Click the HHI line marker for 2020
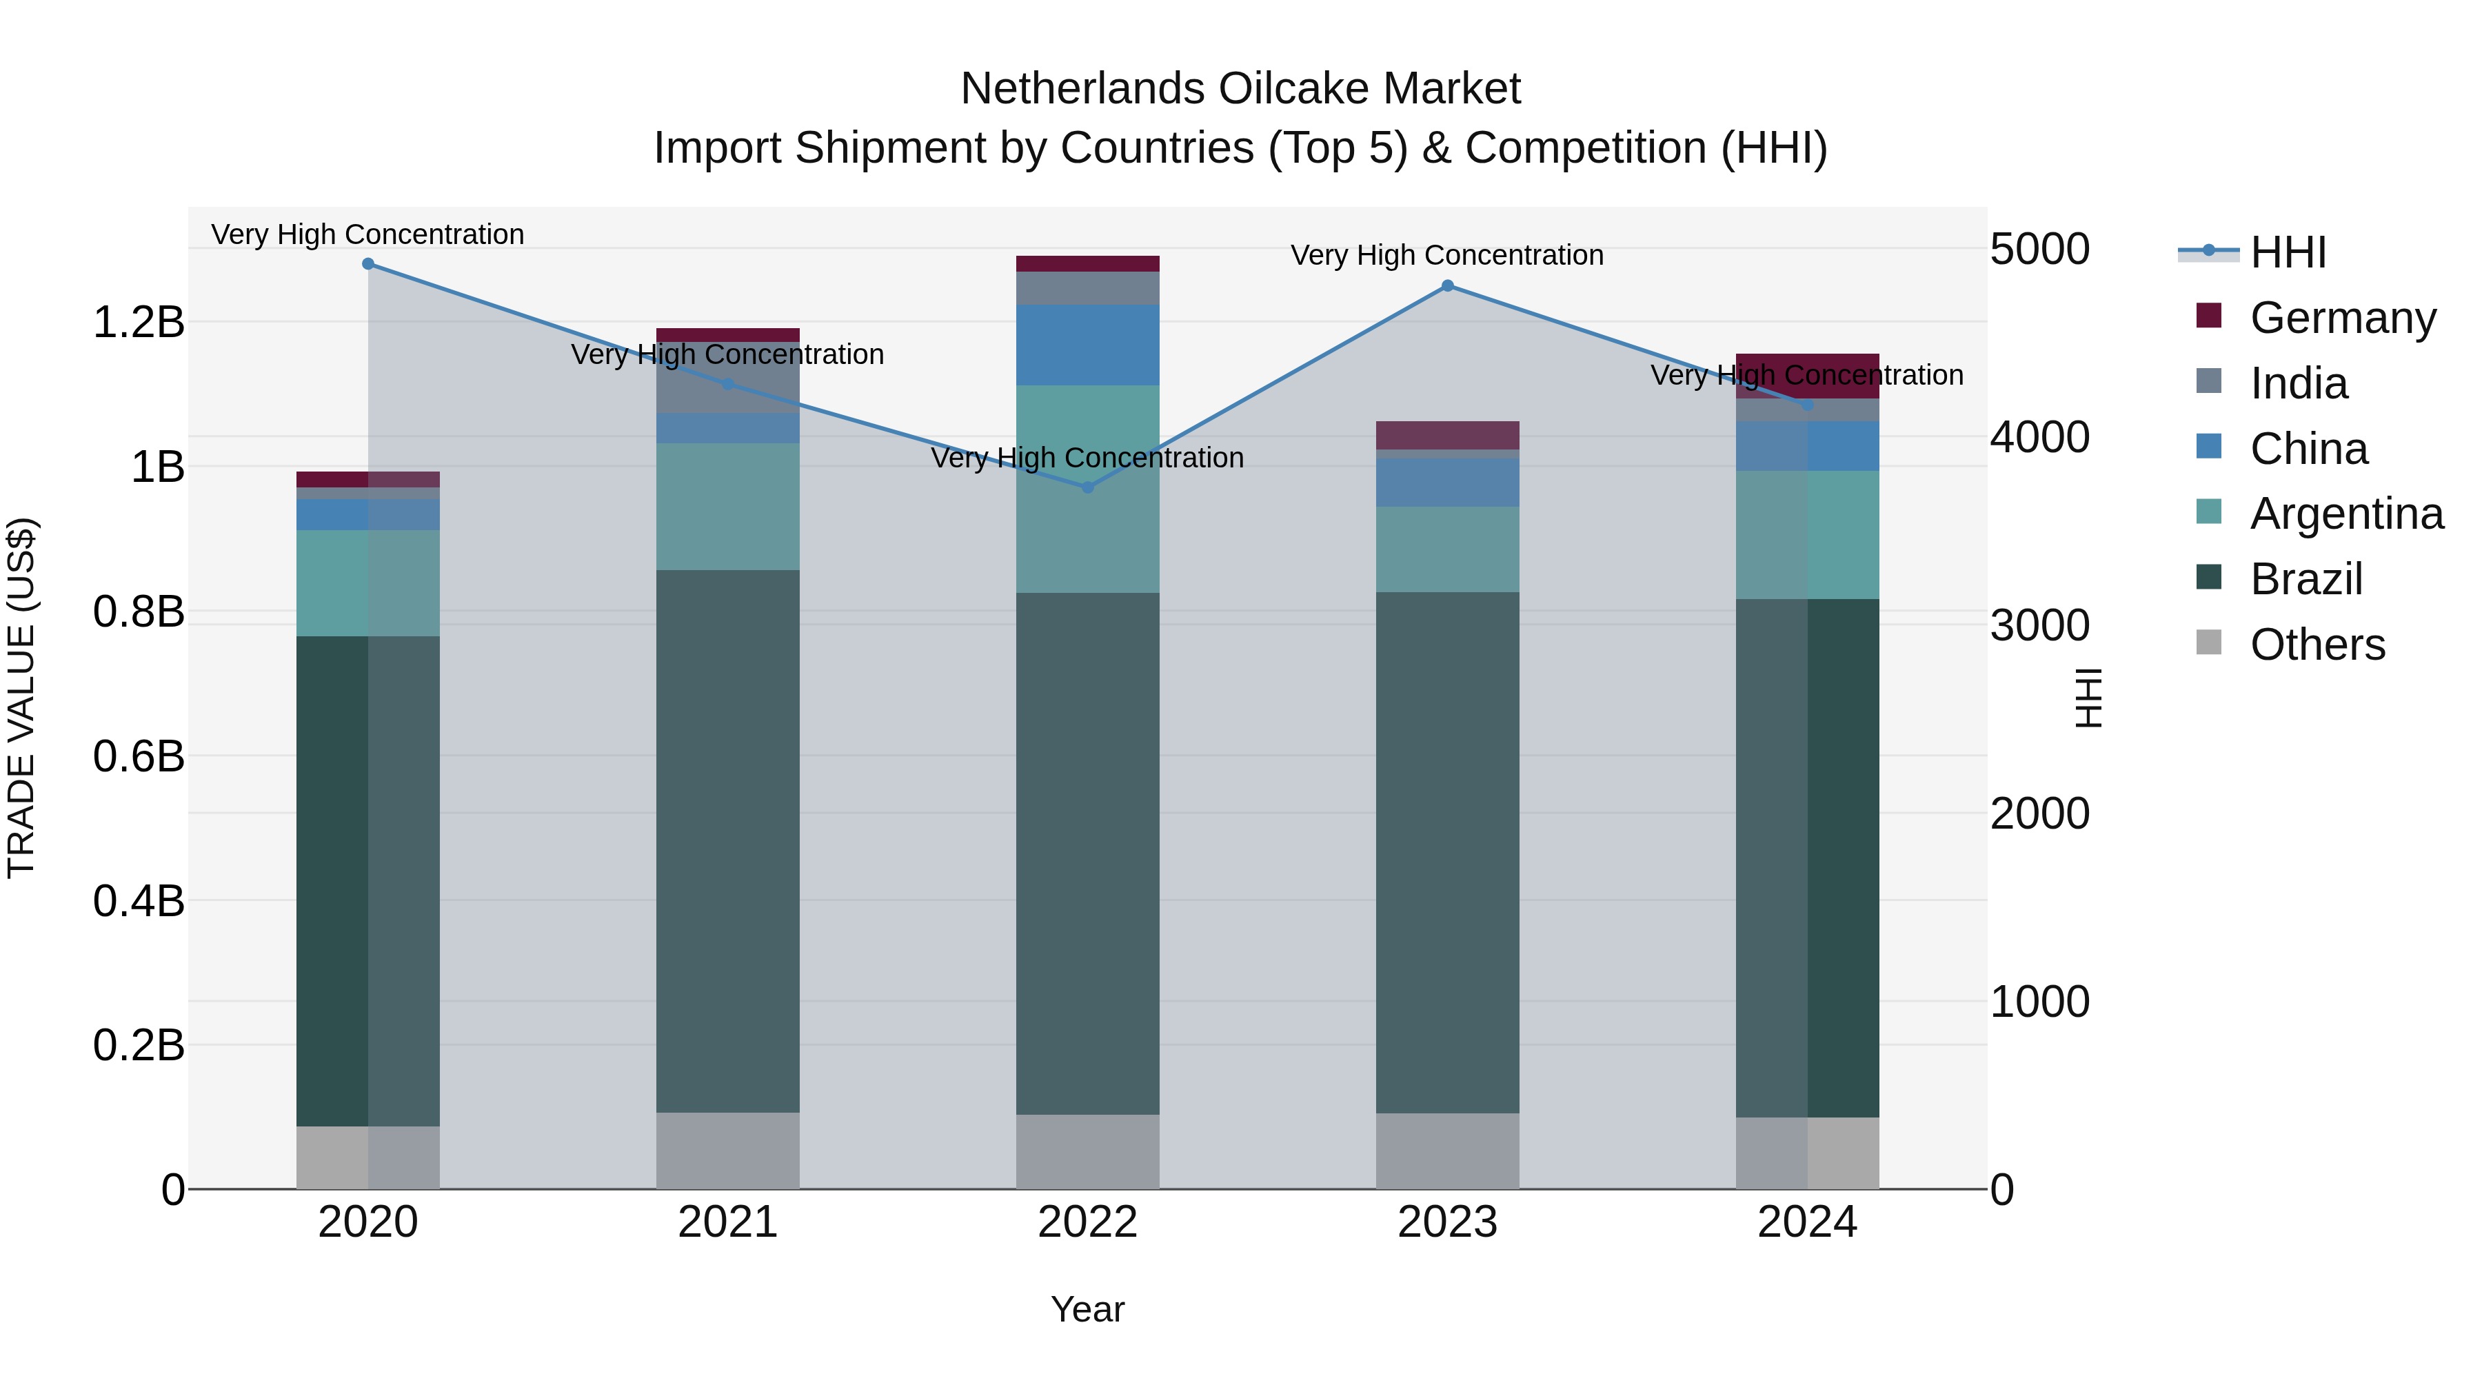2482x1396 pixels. click(368, 264)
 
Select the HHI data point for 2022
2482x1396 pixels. click(1088, 487)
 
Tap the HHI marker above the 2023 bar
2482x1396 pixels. click(1447, 286)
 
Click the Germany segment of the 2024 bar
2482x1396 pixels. click(1808, 376)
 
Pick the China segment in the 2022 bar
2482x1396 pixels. click(1088, 345)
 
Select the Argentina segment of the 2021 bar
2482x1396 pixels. click(727, 506)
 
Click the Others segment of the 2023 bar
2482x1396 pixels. click(1447, 1151)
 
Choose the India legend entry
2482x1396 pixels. click(2299, 383)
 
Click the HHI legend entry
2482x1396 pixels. click(2288, 252)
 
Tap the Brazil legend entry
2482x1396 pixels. click(2306, 579)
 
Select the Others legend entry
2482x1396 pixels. click(2317, 645)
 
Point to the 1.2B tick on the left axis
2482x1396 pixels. click(138, 322)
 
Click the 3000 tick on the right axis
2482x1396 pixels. click(2040, 625)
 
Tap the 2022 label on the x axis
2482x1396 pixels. click(1088, 1222)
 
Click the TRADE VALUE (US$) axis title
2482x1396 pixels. click(21, 698)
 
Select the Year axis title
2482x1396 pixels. click(1088, 1309)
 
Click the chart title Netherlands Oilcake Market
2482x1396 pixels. click(1240, 89)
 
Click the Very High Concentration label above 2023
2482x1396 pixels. click(1447, 255)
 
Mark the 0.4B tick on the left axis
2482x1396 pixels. click(138, 901)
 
